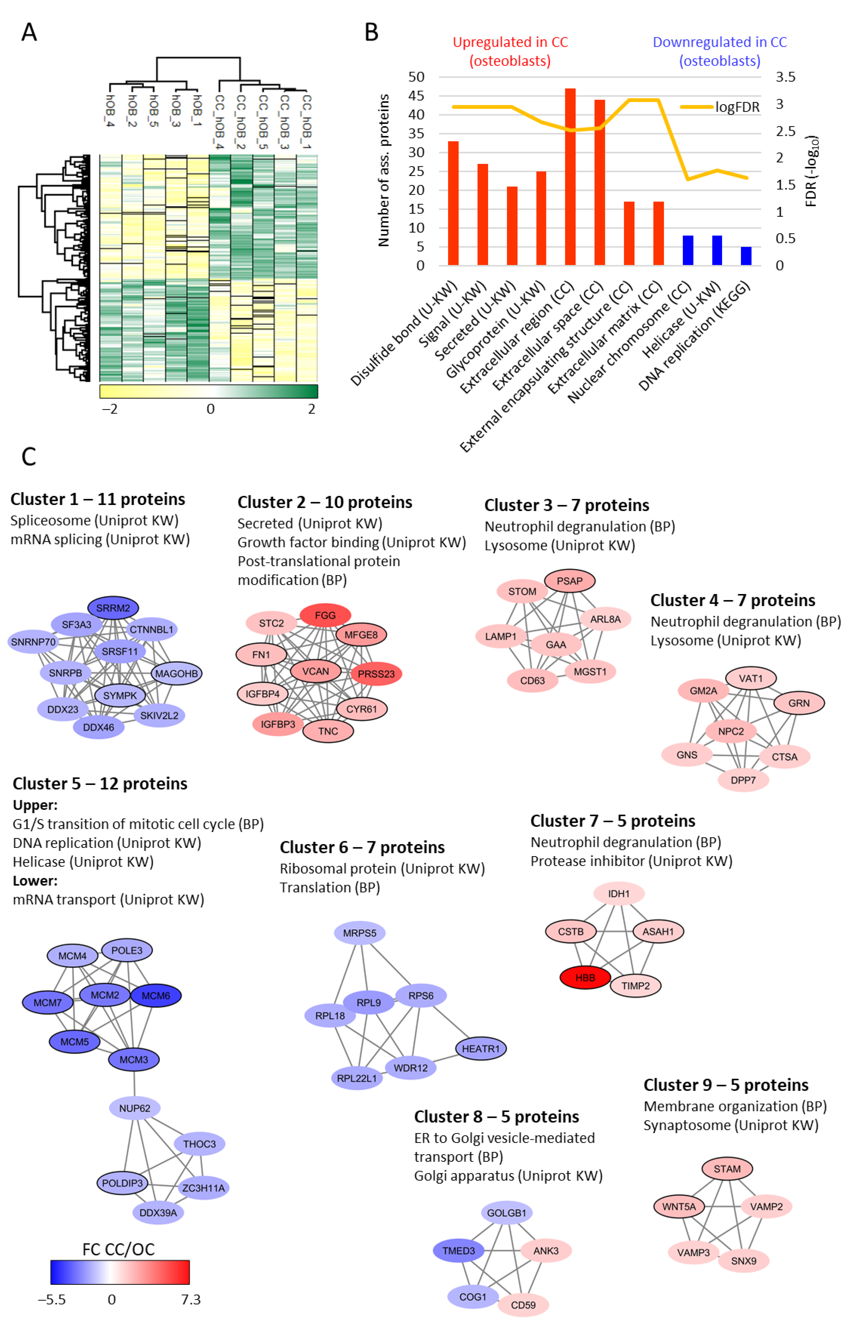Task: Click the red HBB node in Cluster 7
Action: (585, 978)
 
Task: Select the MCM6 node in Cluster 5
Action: (156, 995)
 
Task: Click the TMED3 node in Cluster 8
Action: (458, 1250)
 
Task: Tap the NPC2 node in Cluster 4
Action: (731, 731)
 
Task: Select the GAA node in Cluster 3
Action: (556, 644)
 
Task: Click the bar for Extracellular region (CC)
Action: (570, 177)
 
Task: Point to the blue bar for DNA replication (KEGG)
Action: (746, 256)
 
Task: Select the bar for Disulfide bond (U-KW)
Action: (453, 203)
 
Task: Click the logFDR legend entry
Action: (737, 107)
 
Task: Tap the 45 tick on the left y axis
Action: (416, 96)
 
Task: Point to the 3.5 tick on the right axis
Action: (785, 77)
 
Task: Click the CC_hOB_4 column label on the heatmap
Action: (219, 121)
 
